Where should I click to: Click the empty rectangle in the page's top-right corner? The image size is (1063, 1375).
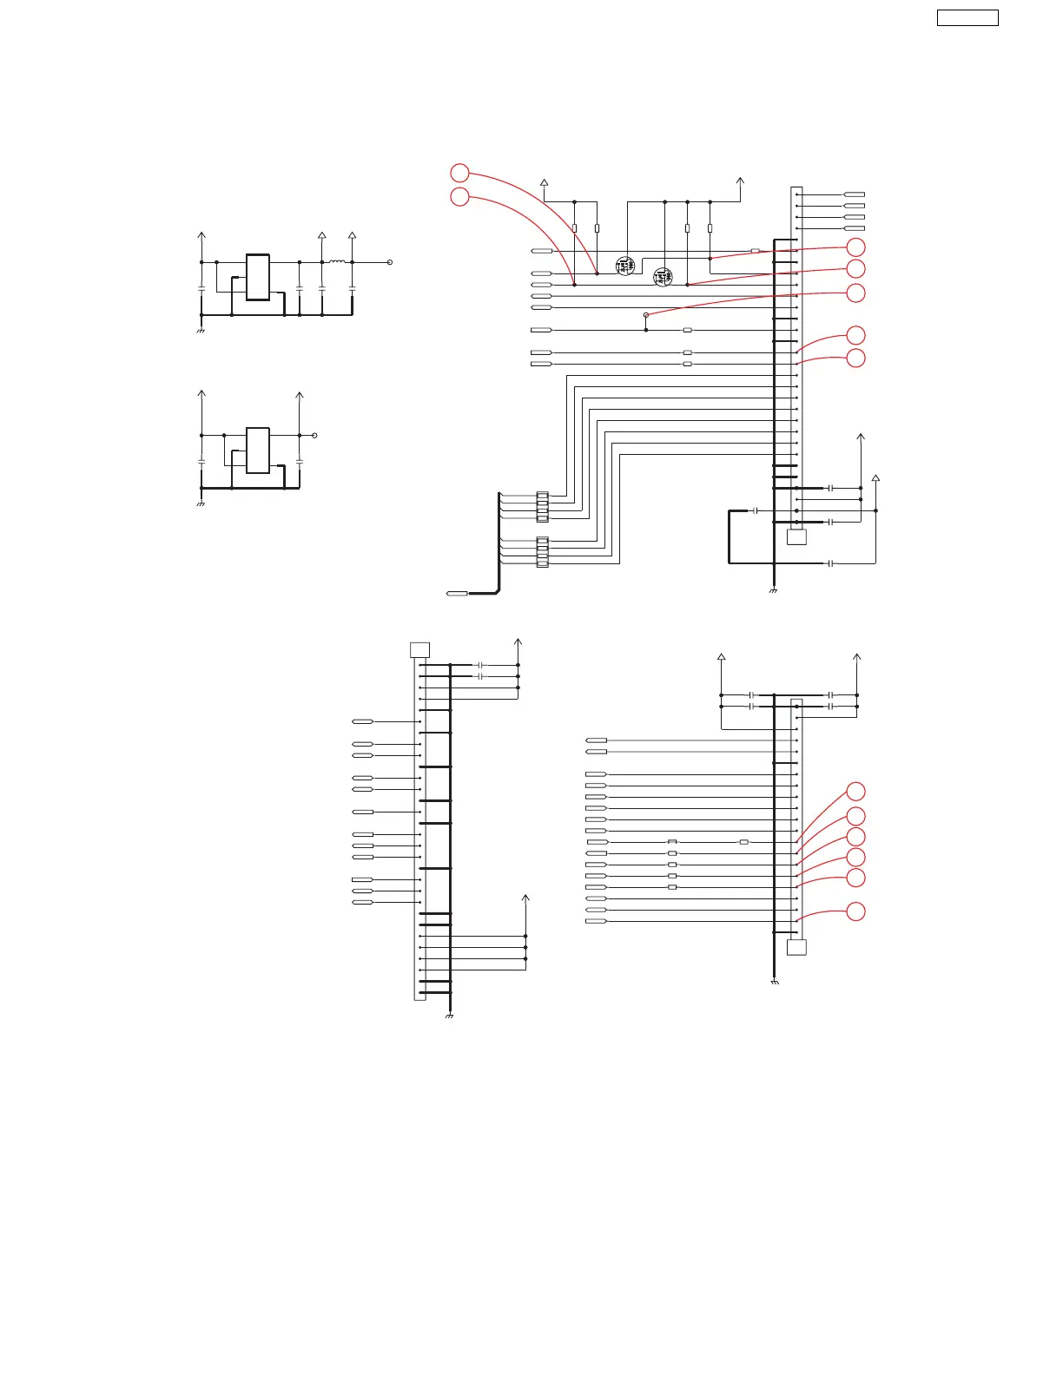tap(967, 17)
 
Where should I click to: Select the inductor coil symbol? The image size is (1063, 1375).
tap(337, 261)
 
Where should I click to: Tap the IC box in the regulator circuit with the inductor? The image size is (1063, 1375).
tap(258, 277)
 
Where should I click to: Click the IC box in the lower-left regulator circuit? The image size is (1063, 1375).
tap(258, 450)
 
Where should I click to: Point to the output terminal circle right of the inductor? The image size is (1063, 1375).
tap(390, 261)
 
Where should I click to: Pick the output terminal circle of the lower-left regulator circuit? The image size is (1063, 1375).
tap(315, 435)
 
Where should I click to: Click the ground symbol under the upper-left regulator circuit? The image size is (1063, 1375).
tap(201, 331)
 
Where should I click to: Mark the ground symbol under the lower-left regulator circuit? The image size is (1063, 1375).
tap(201, 503)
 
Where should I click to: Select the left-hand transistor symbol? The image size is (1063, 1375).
tap(625, 266)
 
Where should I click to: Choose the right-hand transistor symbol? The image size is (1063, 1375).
tap(663, 278)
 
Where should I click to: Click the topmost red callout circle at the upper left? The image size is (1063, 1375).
tap(459, 173)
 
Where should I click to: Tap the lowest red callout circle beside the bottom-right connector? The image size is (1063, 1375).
tap(855, 911)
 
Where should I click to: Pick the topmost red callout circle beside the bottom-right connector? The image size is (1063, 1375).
tap(855, 791)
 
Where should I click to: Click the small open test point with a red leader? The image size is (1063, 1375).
tap(646, 316)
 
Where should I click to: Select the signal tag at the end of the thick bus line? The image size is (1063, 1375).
tap(456, 593)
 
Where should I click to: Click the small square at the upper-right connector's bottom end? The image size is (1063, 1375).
tap(796, 536)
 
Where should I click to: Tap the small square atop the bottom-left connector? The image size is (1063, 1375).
tap(419, 650)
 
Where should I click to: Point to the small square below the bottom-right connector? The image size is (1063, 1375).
tap(796, 947)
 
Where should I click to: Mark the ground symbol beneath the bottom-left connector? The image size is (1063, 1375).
tap(450, 1016)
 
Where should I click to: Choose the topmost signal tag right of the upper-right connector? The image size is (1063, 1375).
tap(855, 194)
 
